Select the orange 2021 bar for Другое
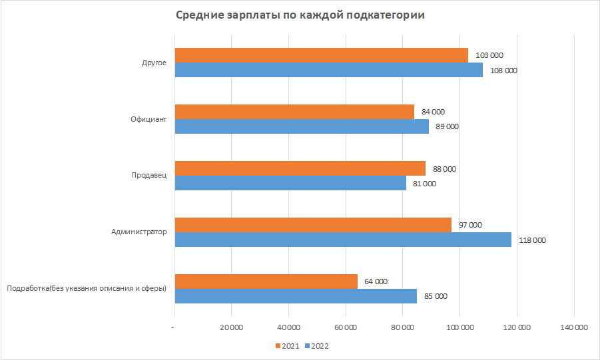point(321,55)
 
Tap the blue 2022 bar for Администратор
point(343,240)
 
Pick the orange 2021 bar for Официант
point(294,112)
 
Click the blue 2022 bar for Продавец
point(290,183)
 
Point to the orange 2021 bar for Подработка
point(266,281)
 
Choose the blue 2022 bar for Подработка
point(296,296)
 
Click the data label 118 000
point(532,240)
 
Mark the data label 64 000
point(377,281)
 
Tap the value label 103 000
point(489,55)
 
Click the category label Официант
point(149,120)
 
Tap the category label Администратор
point(139,232)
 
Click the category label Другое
point(154,63)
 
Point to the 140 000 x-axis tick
point(574,327)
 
